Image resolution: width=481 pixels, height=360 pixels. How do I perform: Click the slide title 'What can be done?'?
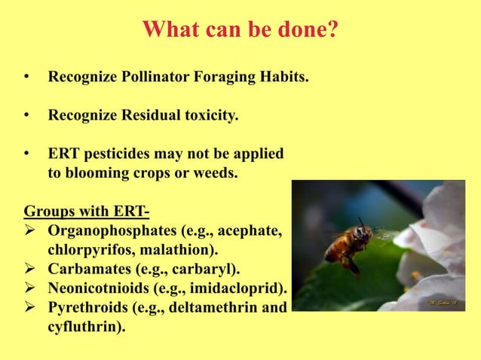(240, 30)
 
